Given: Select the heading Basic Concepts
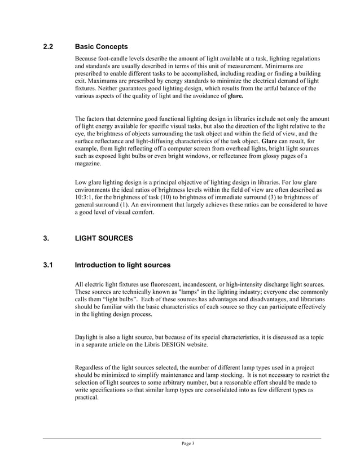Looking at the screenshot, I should [101, 46].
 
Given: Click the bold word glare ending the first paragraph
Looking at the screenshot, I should [235, 96].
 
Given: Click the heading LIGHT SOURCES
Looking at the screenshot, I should [104, 239].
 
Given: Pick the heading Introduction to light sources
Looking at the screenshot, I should [122, 265].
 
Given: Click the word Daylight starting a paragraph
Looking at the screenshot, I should [88, 337].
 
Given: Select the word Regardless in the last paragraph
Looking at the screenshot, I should [91, 368].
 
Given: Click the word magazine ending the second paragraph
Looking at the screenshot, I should [89, 163].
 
